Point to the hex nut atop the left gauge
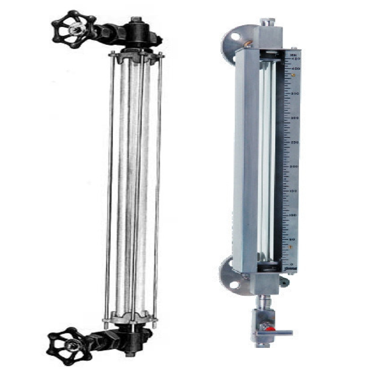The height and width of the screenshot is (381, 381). pos(136,20)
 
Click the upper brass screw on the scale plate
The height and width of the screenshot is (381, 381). pos(292,75)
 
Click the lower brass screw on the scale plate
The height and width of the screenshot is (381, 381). pos(291,247)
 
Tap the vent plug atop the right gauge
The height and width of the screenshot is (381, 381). pos(270,21)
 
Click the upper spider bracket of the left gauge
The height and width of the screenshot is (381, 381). pos(136,56)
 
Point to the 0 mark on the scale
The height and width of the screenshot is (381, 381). pos(291,264)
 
